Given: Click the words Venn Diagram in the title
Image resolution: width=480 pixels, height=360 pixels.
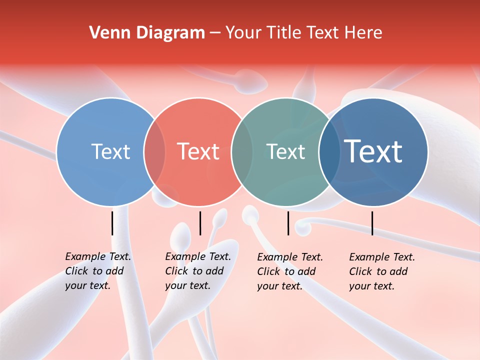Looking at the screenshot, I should pyautogui.click(x=147, y=33).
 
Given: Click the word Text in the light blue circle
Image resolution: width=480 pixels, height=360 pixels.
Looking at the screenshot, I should pyautogui.click(x=110, y=151).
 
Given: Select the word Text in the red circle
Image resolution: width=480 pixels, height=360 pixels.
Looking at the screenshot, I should pyautogui.click(x=198, y=151).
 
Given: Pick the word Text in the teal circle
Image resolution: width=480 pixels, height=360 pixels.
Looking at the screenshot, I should pyautogui.click(x=285, y=151).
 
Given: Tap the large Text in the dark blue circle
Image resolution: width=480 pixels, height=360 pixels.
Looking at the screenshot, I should pyautogui.click(x=373, y=151).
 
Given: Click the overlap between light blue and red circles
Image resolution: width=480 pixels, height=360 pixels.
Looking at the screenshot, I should pyautogui.click(x=154, y=151).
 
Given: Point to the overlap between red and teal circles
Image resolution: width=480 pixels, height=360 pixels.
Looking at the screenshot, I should pyautogui.click(x=242, y=151).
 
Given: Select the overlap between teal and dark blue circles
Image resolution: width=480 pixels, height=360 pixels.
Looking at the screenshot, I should pyautogui.click(x=329, y=151).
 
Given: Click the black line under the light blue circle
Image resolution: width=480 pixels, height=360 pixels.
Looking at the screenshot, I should pyautogui.click(x=112, y=223).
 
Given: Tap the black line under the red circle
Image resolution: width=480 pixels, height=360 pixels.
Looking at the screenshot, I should pyautogui.click(x=200, y=223).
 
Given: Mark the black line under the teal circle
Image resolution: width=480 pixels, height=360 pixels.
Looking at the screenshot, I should pyautogui.click(x=288, y=223).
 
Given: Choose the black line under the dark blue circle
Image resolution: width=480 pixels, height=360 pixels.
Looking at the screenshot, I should pyautogui.click(x=372, y=223).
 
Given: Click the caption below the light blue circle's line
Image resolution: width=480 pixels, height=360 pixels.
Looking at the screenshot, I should pyautogui.click(x=97, y=271).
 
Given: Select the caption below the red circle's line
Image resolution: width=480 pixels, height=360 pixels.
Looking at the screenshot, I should pyautogui.click(x=197, y=271).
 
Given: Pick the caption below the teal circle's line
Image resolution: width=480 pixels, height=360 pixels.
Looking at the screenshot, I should pyautogui.click(x=289, y=271).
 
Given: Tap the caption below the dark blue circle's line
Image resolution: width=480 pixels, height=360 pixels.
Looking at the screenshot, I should pyautogui.click(x=381, y=271).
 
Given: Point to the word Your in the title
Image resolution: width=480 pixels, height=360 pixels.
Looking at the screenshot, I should pyautogui.click(x=243, y=33).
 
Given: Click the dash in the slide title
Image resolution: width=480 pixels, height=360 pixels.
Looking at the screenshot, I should pyautogui.click(x=215, y=33).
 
